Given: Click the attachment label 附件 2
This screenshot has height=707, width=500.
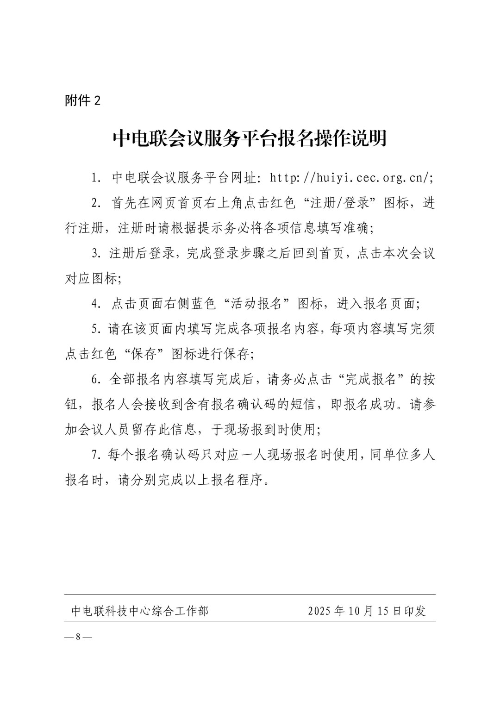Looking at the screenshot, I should click(x=82, y=100).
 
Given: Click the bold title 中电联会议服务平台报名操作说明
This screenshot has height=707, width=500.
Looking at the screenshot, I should click(x=250, y=138).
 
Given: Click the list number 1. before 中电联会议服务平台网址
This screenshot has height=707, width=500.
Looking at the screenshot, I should click(x=96, y=178).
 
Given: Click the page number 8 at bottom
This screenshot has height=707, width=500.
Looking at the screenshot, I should click(x=78, y=637).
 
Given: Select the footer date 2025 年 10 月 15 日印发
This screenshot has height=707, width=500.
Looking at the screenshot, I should click(x=367, y=611).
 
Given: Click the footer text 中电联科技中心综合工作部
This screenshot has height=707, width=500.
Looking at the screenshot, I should click(x=140, y=611).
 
